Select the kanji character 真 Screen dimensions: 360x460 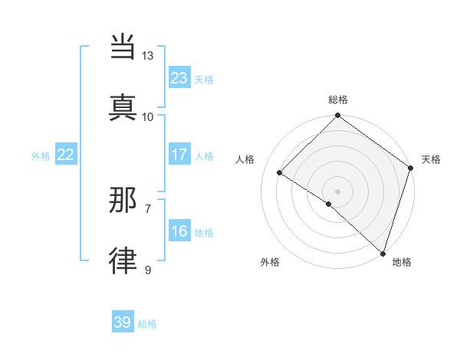(x=124, y=105)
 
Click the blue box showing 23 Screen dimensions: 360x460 (x=179, y=77)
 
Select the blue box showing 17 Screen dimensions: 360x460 (x=179, y=155)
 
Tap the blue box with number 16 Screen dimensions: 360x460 (x=179, y=231)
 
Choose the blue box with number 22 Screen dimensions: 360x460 (x=66, y=155)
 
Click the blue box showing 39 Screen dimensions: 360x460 (x=123, y=322)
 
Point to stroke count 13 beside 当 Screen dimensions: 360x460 (x=148, y=56)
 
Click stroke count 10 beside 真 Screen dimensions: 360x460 (x=148, y=116)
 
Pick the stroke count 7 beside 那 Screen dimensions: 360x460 (x=148, y=208)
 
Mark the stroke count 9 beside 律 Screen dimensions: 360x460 (x=148, y=269)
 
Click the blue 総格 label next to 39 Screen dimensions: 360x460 (x=147, y=324)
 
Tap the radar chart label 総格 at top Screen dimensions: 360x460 (x=338, y=100)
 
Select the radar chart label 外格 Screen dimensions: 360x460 (x=270, y=262)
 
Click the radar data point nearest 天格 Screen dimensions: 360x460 (x=411, y=169)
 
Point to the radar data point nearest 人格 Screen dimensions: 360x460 (x=280, y=173)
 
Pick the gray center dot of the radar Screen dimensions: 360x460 (x=338, y=191)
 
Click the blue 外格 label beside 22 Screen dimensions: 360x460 (x=41, y=156)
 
